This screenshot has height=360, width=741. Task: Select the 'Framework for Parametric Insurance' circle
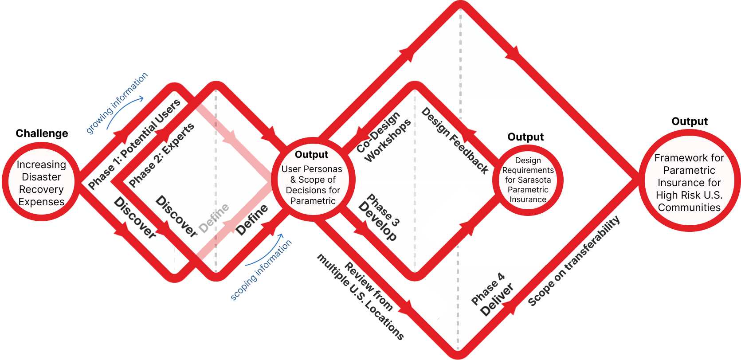click(x=689, y=182)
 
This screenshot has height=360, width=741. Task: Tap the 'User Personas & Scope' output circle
click(x=312, y=180)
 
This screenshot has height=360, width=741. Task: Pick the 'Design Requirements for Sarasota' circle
click(x=528, y=180)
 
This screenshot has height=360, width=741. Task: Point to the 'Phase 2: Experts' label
click(x=161, y=155)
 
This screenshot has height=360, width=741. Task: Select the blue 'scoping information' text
click(x=261, y=270)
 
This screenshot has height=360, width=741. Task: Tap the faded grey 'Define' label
click(x=214, y=218)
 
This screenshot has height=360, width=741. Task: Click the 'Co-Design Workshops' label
click(x=384, y=136)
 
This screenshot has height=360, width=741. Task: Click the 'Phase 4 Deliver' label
click(x=492, y=294)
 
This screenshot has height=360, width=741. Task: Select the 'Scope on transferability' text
click(x=574, y=261)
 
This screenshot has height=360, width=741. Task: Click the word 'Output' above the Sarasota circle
click(x=525, y=137)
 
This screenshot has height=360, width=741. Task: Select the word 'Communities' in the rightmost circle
click(x=689, y=207)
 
